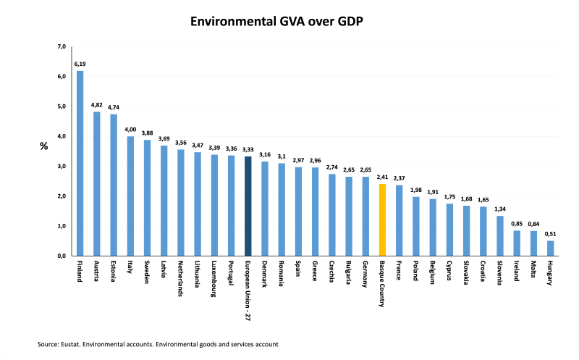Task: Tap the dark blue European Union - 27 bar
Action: [248, 206]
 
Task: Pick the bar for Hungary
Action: [550, 248]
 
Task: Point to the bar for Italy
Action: [130, 196]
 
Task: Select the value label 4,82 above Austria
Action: [97, 105]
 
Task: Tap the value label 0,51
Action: [550, 234]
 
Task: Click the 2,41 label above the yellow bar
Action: [383, 177]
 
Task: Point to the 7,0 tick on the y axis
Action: [62, 47]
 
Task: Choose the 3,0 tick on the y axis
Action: [62, 167]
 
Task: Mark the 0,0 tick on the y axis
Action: [62, 256]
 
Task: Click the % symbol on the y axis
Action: [43, 146]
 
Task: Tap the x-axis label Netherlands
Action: [181, 278]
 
